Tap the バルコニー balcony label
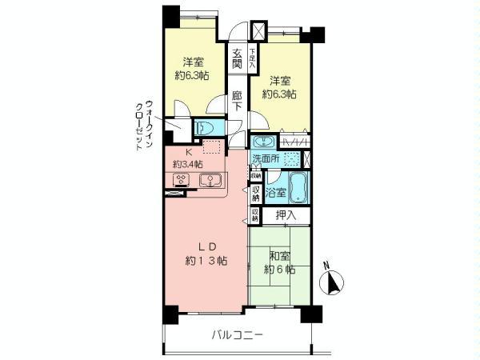pos(238,335)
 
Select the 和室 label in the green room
pos(279,256)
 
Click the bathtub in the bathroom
pos(298,188)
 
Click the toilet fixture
pos(205,126)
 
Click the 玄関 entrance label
pos(237,61)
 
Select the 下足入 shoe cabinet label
pos(252,57)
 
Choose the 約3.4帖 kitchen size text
pos(186,164)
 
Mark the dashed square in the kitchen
pos(212,146)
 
